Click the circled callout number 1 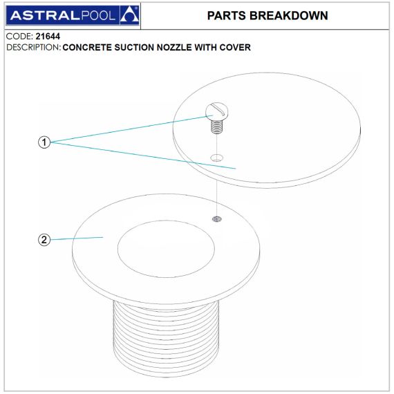[x=44, y=142]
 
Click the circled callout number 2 [x=44, y=240]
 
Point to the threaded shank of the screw [x=216, y=126]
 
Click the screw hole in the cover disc [x=216, y=158]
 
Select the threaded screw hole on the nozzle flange [x=217, y=219]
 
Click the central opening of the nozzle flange [x=166, y=249]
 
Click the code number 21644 [x=48, y=37]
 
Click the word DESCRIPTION [x=33, y=48]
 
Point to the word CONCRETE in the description [x=87, y=48]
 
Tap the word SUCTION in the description [x=134, y=48]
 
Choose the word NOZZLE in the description [x=174, y=48]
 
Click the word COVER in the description [x=235, y=48]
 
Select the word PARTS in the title [x=227, y=16]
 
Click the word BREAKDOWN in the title [x=288, y=16]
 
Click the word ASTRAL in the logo [x=45, y=16]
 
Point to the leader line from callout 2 [x=77, y=238]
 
